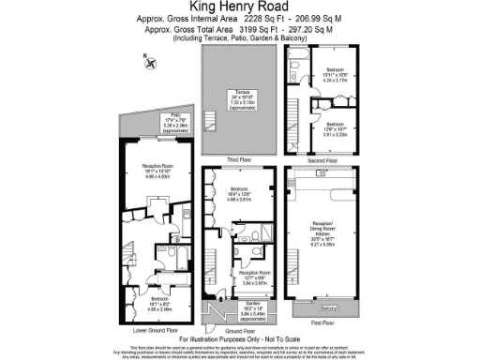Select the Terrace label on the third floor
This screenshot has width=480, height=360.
point(242,93)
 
